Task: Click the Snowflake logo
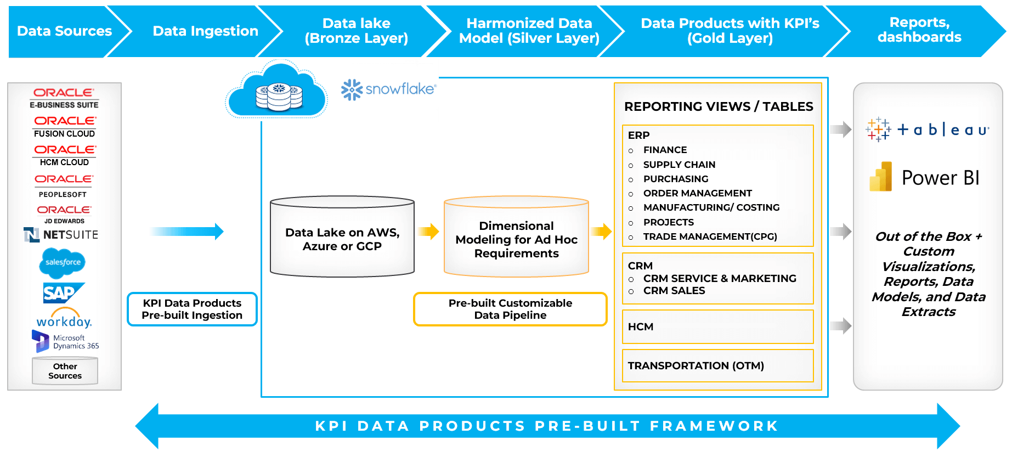388,89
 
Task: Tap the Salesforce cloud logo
63,263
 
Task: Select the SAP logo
63,293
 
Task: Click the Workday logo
64,319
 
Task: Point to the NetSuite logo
61,235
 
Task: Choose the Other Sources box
65,371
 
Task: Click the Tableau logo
928,130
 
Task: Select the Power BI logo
925,177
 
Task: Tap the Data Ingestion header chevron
205,31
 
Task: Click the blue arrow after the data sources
186,232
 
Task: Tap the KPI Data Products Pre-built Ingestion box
192,309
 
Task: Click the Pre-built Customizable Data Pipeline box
510,309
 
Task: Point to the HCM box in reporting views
717,327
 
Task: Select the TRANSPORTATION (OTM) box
717,366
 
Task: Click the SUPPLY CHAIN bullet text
679,165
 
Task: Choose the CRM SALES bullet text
674,291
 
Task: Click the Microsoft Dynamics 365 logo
65,341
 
